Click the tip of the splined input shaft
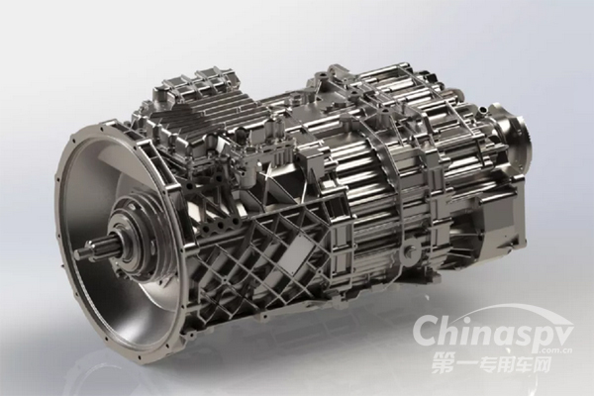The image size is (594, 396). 78,252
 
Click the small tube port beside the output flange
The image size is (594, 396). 484,110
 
